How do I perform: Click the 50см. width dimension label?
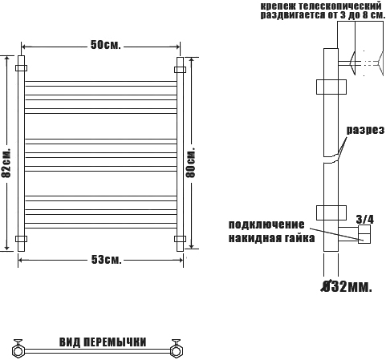(x=106, y=45)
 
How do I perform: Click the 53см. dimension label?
(x=106, y=260)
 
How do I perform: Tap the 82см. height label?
(x=6, y=162)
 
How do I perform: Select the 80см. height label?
(x=191, y=161)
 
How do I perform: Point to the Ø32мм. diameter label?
(x=346, y=287)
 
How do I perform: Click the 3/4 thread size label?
(x=365, y=220)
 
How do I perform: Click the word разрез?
(x=365, y=130)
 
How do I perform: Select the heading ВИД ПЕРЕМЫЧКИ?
(x=103, y=342)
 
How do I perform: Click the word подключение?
(x=266, y=224)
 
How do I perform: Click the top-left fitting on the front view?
(x=21, y=68)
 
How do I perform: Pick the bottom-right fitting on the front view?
(x=180, y=239)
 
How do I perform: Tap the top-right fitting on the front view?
(x=180, y=70)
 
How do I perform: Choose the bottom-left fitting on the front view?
(x=21, y=239)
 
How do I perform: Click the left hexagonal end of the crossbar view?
(x=18, y=350)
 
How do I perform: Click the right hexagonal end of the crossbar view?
(x=176, y=350)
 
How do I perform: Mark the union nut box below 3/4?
(x=364, y=234)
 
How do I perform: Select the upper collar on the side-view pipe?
(x=331, y=87)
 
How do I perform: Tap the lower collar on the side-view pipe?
(x=331, y=212)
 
